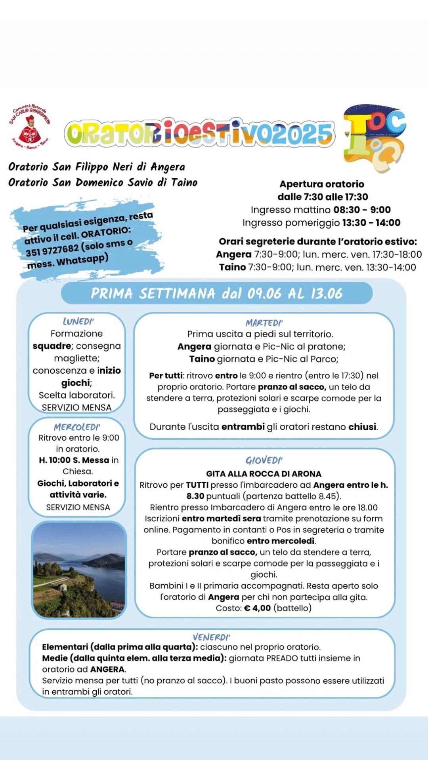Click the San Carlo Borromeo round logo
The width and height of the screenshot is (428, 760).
click(x=29, y=127)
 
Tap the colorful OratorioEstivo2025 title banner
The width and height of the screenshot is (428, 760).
click(x=199, y=133)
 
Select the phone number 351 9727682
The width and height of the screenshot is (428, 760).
click(x=52, y=250)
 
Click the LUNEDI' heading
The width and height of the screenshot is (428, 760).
click(x=78, y=321)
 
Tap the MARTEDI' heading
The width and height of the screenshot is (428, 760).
click(x=264, y=323)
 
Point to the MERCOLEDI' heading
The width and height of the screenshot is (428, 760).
click(x=77, y=427)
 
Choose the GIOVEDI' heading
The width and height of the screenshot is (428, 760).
click(x=264, y=460)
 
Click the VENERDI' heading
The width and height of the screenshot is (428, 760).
click(x=211, y=637)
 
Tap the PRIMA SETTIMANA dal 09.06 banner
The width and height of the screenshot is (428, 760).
click(x=216, y=293)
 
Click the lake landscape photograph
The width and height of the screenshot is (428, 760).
click(x=79, y=570)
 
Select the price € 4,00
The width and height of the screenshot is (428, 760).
click(x=257, y=608)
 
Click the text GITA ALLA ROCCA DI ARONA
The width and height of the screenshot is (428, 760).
click(x=264, y=474)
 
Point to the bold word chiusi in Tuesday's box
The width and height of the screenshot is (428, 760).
click(x=362, y=427)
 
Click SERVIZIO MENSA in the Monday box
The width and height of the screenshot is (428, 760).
click(x=76, y=407)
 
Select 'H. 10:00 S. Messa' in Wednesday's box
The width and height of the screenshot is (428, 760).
click(x=74, y=460)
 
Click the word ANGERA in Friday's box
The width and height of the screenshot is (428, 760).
click(x=107, y=669)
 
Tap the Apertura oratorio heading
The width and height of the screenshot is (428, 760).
click(x=321, y=184)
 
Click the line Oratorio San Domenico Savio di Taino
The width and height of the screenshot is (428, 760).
click(x=103, y=182)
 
